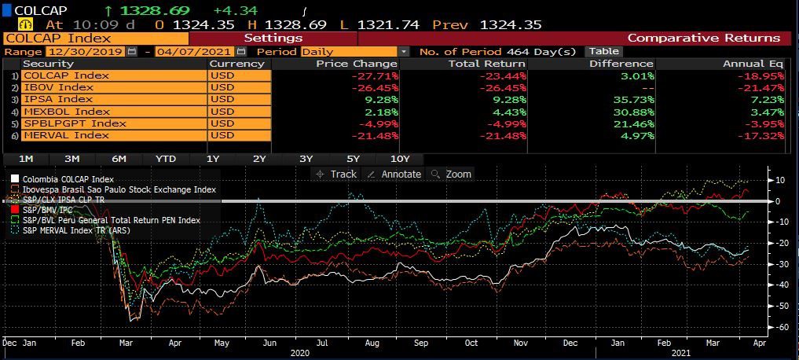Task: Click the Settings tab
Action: [x=273, y=38]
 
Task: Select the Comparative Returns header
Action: [x=703, y=38]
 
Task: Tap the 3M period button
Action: [x=72, y=159]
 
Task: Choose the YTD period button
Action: [x=166, y=159]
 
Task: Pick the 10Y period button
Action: [x=400, y=159]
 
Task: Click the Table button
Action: [x=603, y=51]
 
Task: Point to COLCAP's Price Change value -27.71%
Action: [x=378, y=75]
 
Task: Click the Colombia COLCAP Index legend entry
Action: [x=68, y=179]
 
